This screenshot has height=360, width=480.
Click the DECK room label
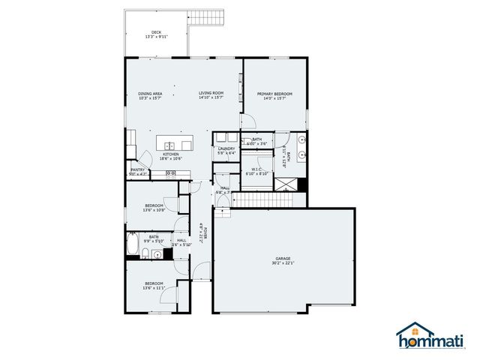[156, 32]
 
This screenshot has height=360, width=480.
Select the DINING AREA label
[150, 94]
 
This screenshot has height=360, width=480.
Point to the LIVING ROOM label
[211, 94]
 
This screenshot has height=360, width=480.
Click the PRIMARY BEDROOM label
[274, 94]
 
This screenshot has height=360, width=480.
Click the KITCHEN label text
[170, 154]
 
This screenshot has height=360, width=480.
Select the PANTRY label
[137, 170]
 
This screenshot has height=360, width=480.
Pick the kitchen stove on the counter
[171, 174]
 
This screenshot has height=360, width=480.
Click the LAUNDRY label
[226, 148]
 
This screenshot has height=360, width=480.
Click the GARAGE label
[283, 259]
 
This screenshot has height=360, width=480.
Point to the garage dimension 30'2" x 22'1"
[283, 263]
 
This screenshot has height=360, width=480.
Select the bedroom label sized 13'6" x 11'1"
[153, 283]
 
